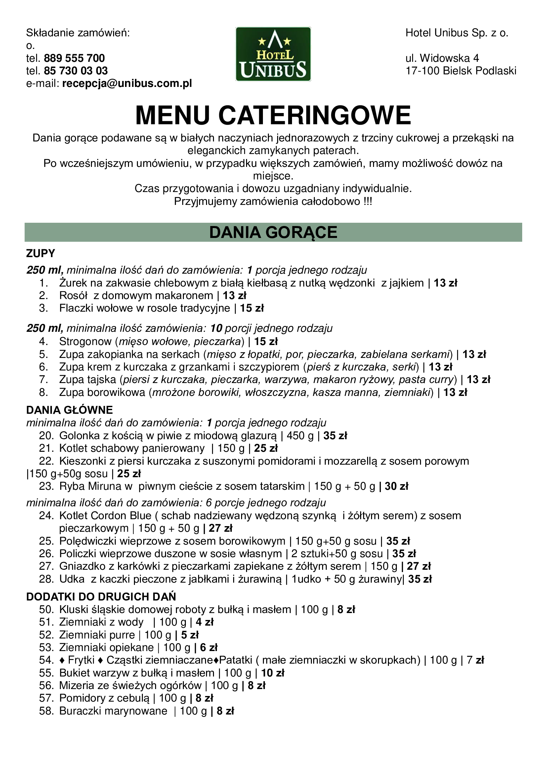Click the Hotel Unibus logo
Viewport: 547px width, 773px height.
point(273,54)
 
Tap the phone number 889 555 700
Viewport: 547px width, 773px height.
point(74,58)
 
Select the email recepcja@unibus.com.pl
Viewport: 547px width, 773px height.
point(127,84)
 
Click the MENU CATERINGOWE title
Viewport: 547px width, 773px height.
point(273,115)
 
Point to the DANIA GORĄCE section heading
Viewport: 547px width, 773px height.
point(273,232)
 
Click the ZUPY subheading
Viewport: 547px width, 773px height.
point(40,253)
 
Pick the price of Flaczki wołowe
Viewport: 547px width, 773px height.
point(252,308)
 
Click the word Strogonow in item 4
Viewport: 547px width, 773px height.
point(85,341)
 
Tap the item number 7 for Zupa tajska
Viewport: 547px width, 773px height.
point(43,379)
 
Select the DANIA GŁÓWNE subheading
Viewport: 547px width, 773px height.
point(69,410)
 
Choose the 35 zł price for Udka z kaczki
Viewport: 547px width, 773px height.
point(420,579)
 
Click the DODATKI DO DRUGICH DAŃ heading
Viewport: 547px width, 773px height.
point(101,597)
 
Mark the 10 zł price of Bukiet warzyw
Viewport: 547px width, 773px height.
point(273,673)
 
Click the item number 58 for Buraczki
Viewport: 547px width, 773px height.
point(46,711)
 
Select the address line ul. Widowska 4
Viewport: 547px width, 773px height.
point(442,58)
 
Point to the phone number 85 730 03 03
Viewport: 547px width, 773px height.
point(76,71)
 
